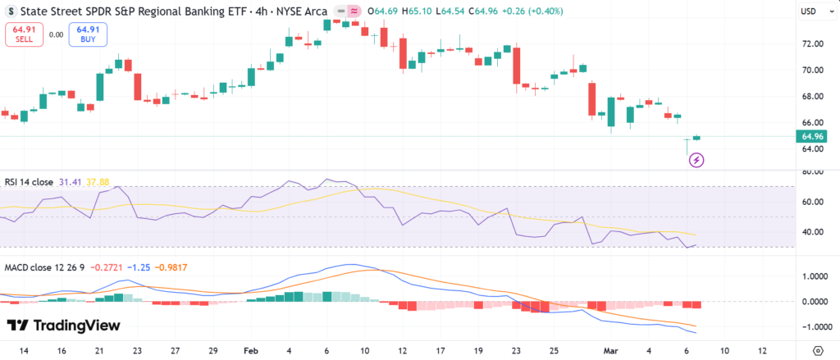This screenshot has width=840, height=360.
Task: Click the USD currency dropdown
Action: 812,11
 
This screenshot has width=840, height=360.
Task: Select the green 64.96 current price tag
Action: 813,136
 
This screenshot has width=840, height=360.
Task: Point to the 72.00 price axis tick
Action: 813,44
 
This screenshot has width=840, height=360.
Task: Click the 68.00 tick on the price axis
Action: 813,97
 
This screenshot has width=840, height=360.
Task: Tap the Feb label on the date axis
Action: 250,350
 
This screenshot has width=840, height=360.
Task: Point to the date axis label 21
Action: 99,350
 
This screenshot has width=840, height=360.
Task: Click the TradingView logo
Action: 64,326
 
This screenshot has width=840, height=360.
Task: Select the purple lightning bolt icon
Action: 696,159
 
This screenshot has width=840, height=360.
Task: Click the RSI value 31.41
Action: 70,182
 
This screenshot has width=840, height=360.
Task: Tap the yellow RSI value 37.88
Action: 98,182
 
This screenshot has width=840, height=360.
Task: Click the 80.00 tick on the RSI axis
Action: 813,172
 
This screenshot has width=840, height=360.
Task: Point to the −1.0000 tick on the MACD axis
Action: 813,326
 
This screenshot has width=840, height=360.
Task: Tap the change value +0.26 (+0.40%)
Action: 516,11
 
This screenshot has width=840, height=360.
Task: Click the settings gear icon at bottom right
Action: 816,350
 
